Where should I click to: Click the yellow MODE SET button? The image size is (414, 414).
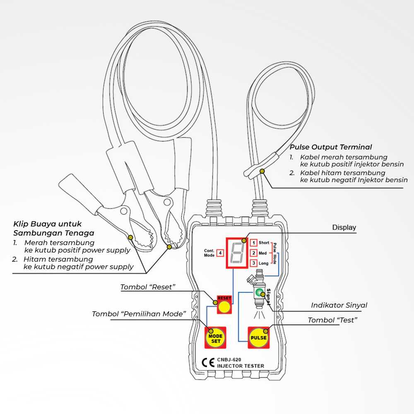216,338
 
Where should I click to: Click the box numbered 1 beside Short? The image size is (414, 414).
254,243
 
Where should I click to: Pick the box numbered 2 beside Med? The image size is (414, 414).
254,253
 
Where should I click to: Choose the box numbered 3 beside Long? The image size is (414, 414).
254,263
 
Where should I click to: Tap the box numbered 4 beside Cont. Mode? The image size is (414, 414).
220,253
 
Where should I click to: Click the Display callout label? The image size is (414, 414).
344,228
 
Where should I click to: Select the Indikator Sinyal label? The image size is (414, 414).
339,306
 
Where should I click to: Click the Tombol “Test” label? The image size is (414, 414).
332,320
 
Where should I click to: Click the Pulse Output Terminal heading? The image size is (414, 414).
330,147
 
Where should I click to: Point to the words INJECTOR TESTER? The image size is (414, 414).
240,366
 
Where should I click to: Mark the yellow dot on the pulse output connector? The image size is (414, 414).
262,171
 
